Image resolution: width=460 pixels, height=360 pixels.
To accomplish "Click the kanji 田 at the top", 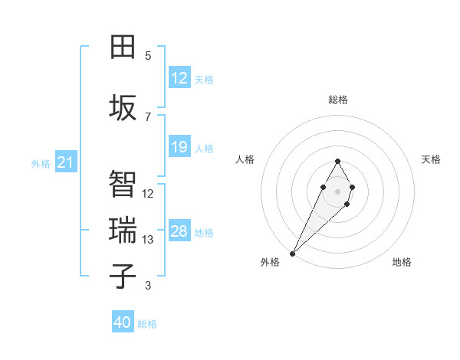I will coord(123,47).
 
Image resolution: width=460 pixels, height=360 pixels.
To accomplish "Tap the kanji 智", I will coord(123,183).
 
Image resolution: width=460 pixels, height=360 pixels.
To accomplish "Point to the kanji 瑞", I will coord(123,230).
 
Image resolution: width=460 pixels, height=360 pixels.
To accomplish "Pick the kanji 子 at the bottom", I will coord(123,276).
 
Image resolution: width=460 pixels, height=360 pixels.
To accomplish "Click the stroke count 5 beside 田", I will coord(148,56).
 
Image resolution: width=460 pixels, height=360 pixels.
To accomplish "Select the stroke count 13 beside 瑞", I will coord(148,240).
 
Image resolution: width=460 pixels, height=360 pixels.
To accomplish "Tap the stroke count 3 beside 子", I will coord(148,286).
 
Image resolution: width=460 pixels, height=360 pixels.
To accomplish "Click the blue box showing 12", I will coord(179,78).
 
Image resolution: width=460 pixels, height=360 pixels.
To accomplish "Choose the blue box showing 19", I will coord(179,147).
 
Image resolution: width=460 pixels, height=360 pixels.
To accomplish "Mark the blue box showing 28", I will coord(179,231).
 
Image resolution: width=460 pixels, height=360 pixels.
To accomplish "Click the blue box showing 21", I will coord(65,162).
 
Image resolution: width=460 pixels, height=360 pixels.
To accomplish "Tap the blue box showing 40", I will coord(123,322).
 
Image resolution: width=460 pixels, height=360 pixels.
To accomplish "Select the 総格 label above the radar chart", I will coord(338,100).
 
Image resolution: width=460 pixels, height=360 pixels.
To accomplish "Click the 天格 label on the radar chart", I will coord(432,159).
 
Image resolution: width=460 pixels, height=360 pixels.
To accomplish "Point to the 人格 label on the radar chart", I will coord(245,159).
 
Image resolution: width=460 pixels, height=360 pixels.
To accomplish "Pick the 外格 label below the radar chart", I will coord(270,262).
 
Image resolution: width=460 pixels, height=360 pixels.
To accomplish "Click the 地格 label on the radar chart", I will coord(402,262).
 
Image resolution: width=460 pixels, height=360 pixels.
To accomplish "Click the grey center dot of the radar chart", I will coord(337,190).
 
